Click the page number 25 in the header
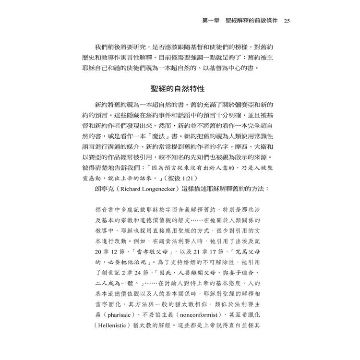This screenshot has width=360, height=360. coord(287,21)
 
